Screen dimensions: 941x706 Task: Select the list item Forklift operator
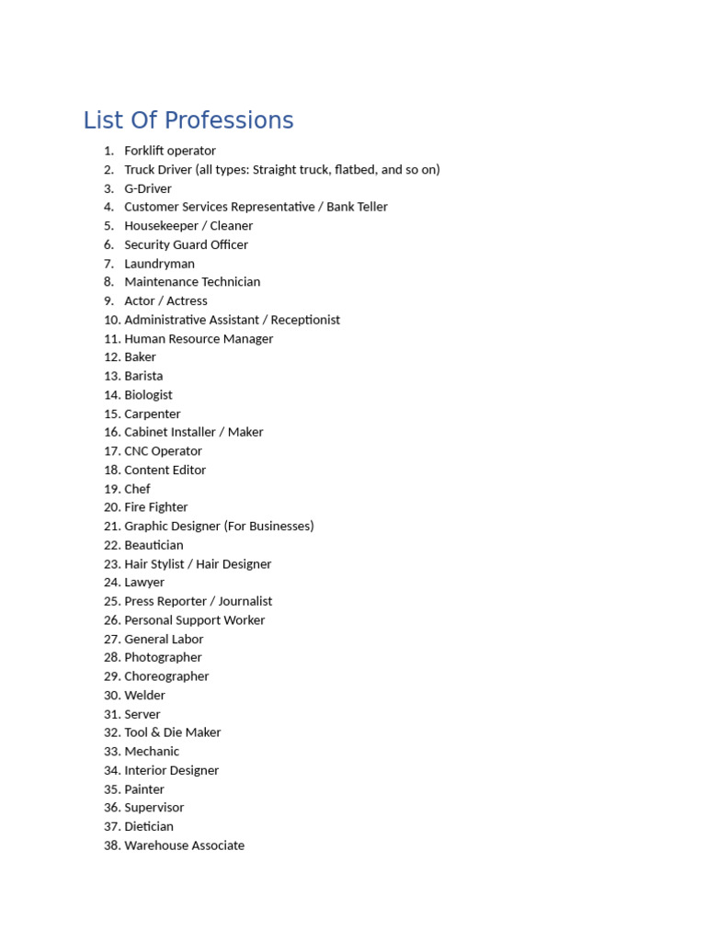coord(170,151)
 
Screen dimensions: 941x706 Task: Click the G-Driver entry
coord(148,188)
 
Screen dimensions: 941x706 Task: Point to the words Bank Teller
coord(357,207)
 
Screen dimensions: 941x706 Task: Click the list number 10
coord(112,320)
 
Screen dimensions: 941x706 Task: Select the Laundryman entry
coord(159,264)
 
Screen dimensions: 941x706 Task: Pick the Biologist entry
coord(148,395)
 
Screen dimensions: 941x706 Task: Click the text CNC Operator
coord(163,451)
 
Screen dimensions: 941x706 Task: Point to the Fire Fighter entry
coord(155,507)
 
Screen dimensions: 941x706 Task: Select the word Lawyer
coord(144,583)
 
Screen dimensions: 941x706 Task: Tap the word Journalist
coord(245,601)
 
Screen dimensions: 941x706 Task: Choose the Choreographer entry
coord(166,676)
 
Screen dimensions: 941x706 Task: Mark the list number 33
coord(112,752)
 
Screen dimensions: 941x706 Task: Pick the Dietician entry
coord(149,826)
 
